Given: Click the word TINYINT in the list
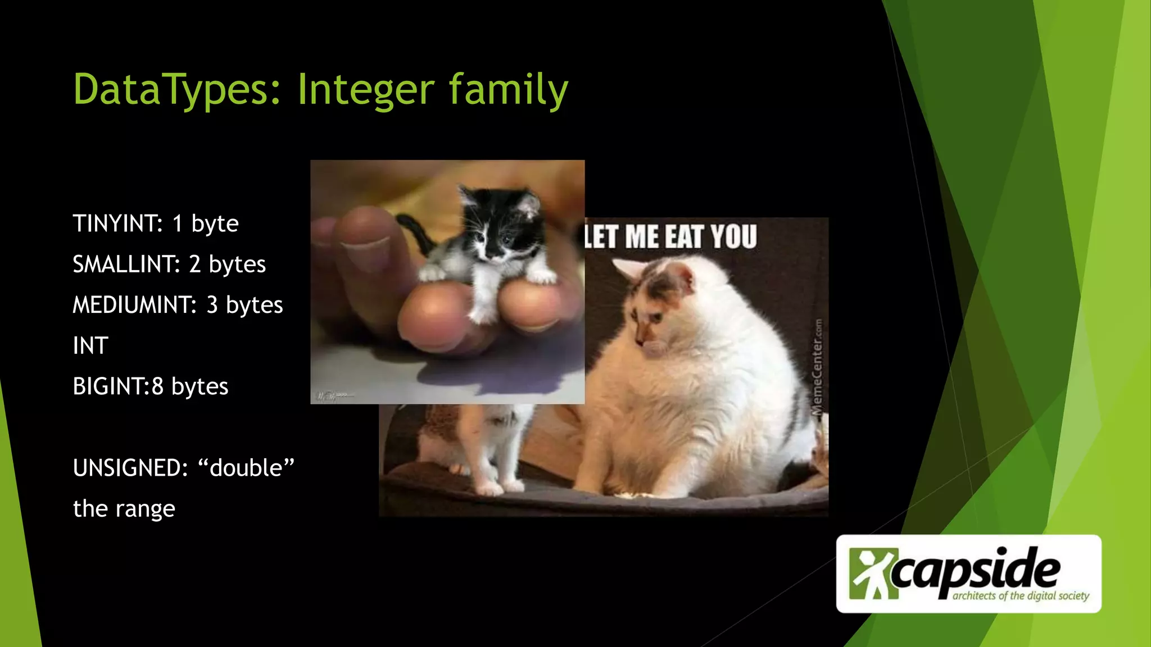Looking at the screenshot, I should [117, 224].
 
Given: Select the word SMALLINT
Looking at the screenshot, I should [126, 265].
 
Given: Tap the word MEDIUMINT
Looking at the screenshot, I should [134, 305].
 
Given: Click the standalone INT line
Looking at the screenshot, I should [90, 346].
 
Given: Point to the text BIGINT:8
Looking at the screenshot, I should [118, 386].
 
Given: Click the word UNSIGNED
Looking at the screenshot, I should [130, 468].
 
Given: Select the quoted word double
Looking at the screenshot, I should [246, 468].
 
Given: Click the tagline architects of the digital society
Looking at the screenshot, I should [1021, 596].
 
